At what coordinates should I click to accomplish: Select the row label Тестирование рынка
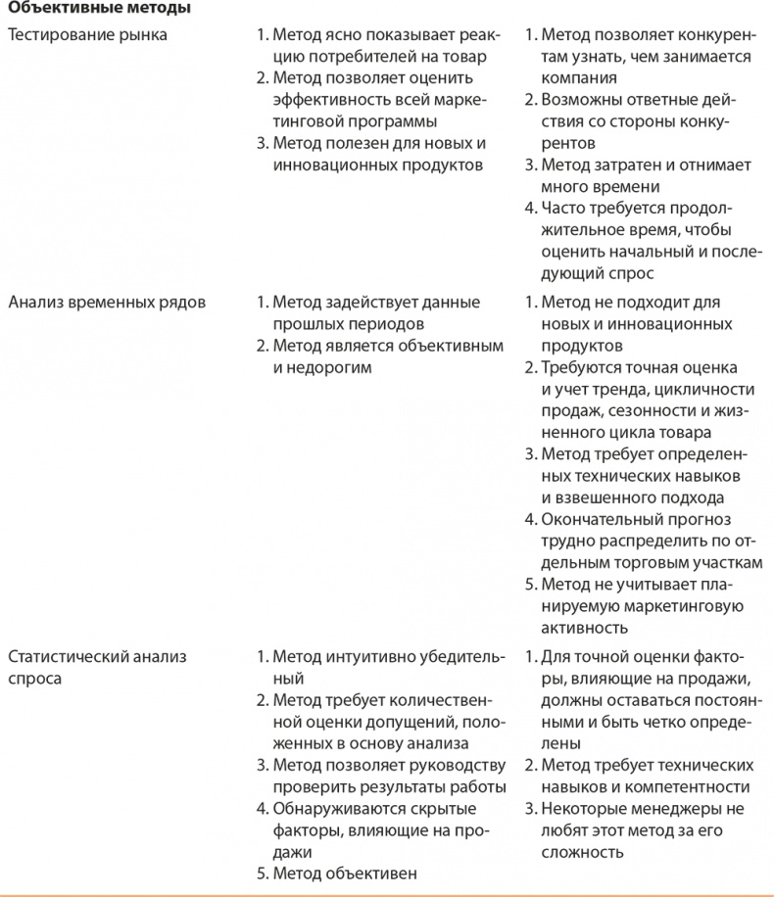tap(87, 35)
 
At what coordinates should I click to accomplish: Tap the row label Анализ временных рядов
tap(107, 302)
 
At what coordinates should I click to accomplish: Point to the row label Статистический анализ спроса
tap(96, 667)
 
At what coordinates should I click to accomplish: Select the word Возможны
tap(577, 100)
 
